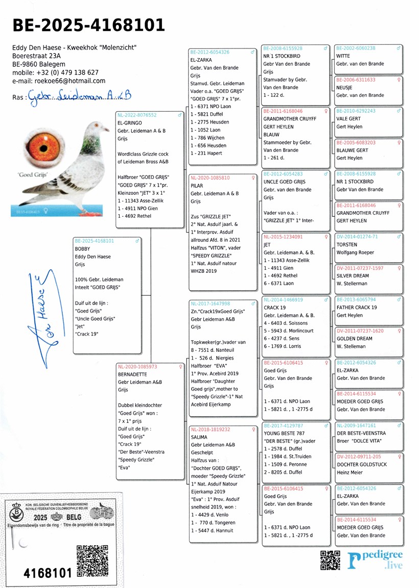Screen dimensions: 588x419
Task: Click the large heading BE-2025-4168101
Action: coord(88,25)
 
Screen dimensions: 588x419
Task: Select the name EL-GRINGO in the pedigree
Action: coord(130,123)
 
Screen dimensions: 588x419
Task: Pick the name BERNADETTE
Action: coord(132,374)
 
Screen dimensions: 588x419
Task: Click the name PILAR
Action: coord(197,186)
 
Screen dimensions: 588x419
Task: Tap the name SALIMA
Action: coord(199,437)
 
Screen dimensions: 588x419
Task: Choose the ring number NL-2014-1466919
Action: coord(283,300)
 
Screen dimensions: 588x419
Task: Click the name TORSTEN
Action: coord(347,245)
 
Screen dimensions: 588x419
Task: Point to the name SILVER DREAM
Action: coord(353,276)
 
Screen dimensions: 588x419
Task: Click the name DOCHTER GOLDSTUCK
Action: coord(362,465)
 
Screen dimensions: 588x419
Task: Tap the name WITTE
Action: coord(343,56)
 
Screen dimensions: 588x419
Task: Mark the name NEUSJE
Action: coord(345,88)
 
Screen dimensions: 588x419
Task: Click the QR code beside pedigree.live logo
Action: coord(330,560)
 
